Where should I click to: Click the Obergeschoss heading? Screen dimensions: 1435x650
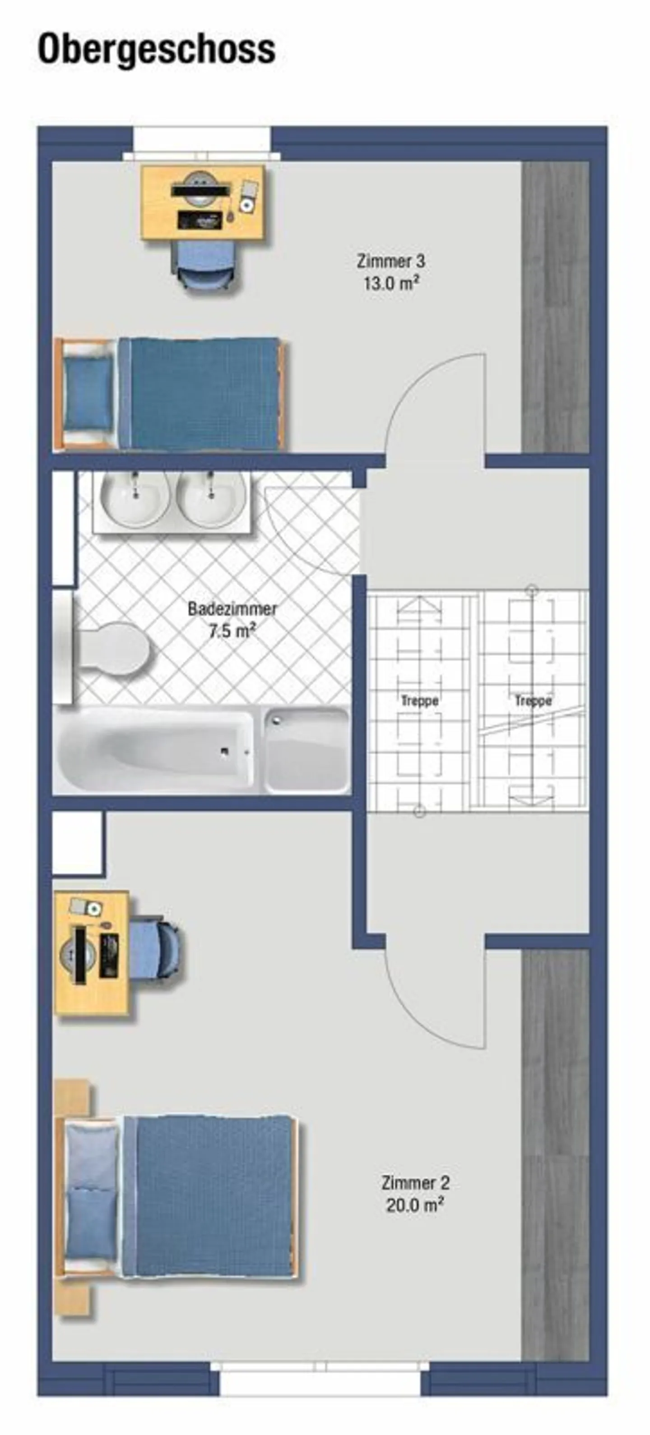(157, 49)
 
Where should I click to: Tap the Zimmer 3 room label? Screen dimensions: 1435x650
(391, 261)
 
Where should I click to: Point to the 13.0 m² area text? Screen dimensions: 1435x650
(391, 284)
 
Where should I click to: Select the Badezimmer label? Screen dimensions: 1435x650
(232, 609)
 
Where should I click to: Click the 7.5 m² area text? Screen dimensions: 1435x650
(232, 632)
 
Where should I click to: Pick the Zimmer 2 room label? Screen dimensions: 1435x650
(415, 1182)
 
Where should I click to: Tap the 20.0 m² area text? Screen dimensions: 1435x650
(415, 1205)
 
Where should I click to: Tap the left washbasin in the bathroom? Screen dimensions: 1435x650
(135, 499)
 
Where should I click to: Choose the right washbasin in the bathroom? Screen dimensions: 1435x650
(211, 499)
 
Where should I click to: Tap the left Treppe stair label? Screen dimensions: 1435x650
(419, 701)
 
